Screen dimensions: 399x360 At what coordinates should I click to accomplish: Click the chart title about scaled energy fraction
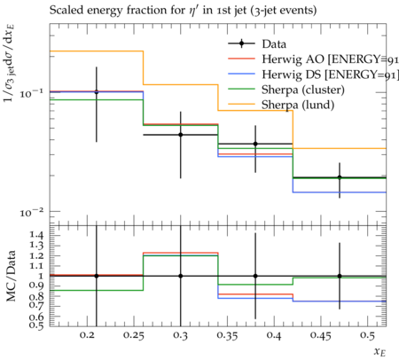183,11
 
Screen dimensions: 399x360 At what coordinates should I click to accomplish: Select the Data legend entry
257,44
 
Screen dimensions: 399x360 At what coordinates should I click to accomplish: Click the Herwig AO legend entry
313,59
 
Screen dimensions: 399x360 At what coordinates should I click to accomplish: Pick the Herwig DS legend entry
313,74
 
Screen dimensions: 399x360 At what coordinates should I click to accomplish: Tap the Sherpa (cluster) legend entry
286,90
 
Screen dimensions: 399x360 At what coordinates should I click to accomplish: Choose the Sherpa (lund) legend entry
281,105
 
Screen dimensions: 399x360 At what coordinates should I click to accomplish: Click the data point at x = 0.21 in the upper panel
97,92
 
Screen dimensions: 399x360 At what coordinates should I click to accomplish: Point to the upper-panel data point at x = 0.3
181,135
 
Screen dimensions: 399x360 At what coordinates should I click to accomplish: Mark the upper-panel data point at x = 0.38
255,144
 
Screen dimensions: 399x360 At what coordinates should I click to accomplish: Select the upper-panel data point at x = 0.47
340,177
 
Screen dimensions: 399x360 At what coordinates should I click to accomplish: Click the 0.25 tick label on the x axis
134,335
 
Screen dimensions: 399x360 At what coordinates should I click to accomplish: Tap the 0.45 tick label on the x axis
321,335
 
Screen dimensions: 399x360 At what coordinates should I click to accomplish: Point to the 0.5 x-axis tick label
368,335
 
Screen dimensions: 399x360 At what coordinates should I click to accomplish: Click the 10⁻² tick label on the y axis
31,212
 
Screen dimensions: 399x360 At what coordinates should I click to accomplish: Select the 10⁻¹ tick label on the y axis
31,93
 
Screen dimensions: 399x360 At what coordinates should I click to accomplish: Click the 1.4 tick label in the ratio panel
36,235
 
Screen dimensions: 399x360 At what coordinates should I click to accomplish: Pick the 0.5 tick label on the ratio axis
36,325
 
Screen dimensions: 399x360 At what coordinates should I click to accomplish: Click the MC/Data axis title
11,276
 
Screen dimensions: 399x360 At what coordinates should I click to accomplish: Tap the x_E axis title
380,352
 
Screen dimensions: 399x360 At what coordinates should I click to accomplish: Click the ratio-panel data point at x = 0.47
340,276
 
